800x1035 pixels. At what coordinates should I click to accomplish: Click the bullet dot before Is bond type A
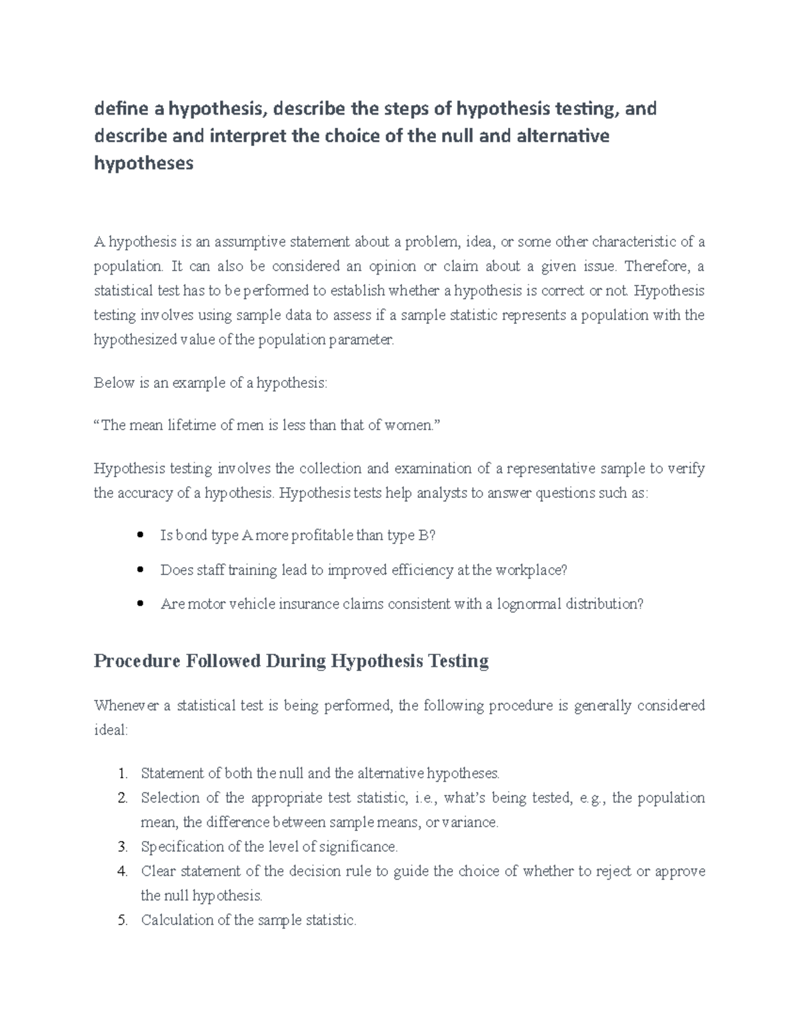(x=139, y=536)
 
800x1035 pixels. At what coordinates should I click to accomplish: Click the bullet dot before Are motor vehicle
(x=139, y=604)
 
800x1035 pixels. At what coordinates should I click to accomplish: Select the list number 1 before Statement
(x=121, y=774)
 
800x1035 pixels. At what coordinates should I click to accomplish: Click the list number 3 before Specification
(x=121, y=847)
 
